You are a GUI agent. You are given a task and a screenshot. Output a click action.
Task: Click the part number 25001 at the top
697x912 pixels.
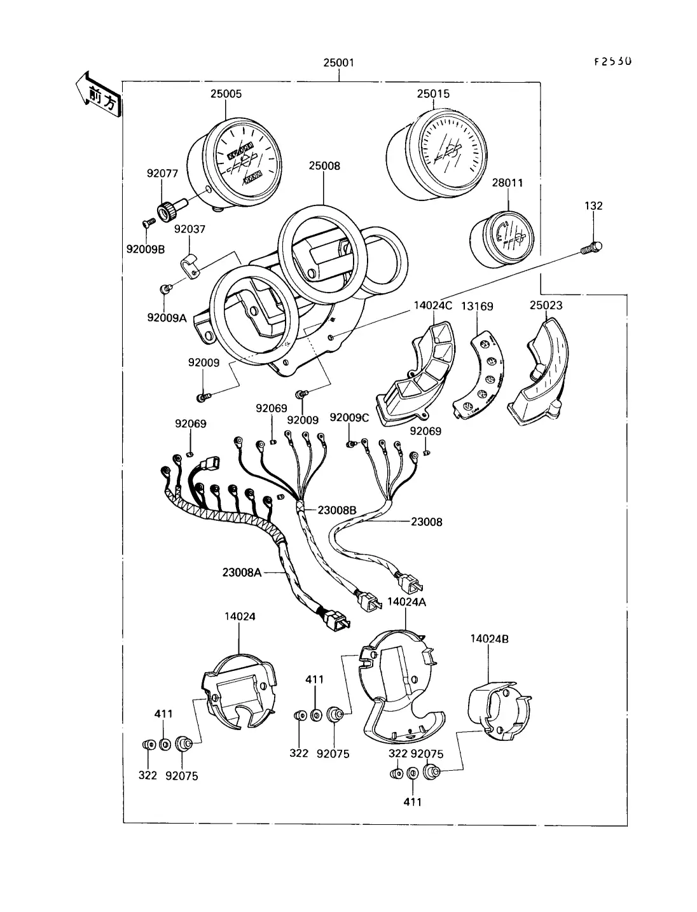tap(338, 63)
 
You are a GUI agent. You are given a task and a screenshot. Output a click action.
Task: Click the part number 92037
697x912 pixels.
tap(190, 229)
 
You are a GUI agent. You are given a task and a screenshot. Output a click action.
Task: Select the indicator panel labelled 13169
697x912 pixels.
tap(483, 375)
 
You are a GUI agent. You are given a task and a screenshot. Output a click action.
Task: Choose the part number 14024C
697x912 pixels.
tap(432, 306)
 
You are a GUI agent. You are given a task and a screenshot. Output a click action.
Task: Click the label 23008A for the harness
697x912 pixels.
tap(242, 572)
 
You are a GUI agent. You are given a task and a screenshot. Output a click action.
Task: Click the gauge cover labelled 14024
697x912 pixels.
tap(238, 693)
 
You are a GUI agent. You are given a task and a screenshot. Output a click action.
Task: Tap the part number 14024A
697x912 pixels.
tap(406, 602)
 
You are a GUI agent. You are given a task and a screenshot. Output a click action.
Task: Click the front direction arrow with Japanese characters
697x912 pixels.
tap(99, 95)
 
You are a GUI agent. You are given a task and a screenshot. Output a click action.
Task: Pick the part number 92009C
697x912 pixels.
tap(349, 417)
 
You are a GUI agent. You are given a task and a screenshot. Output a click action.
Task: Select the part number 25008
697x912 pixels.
tap(324, 166)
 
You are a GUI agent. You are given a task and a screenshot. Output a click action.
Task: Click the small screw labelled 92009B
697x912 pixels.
tap(148, 222)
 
